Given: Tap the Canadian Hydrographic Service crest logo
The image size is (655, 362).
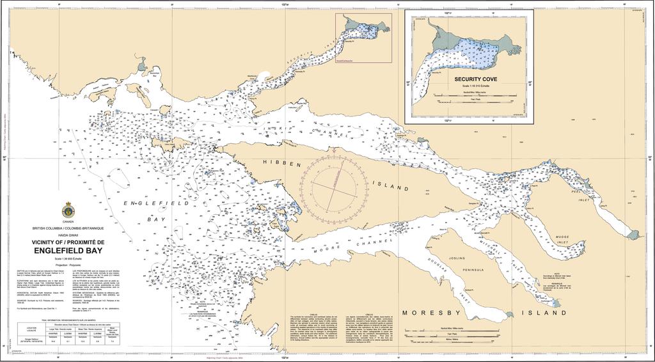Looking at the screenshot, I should (67, 210).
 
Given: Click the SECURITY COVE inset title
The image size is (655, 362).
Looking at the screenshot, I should (471, 80).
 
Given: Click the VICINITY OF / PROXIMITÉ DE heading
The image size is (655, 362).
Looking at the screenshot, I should (67, 242).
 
